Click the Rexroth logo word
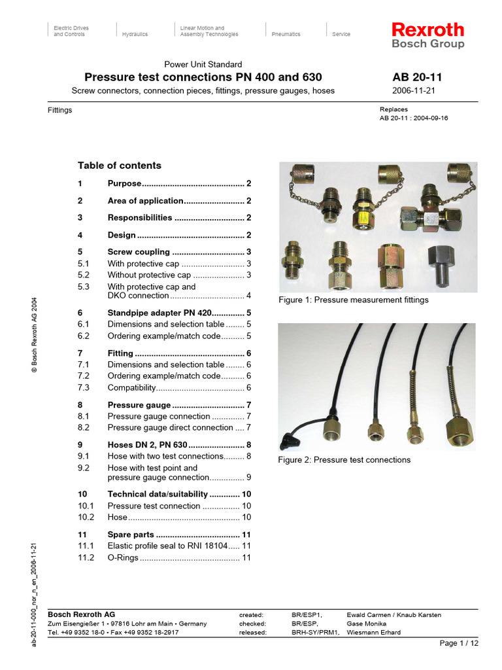point(427,29)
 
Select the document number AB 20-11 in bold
point(418,77)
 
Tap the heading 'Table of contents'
point(119,166)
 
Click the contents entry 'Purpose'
point(124,184)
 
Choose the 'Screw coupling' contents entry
point(139,252)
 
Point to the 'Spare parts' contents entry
point(131,535)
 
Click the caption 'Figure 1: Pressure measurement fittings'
point(354,300)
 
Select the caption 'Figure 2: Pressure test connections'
point(344,460)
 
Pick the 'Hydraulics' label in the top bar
point(135,34)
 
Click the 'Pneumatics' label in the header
point(286,34)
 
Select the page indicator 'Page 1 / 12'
point(460,643)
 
